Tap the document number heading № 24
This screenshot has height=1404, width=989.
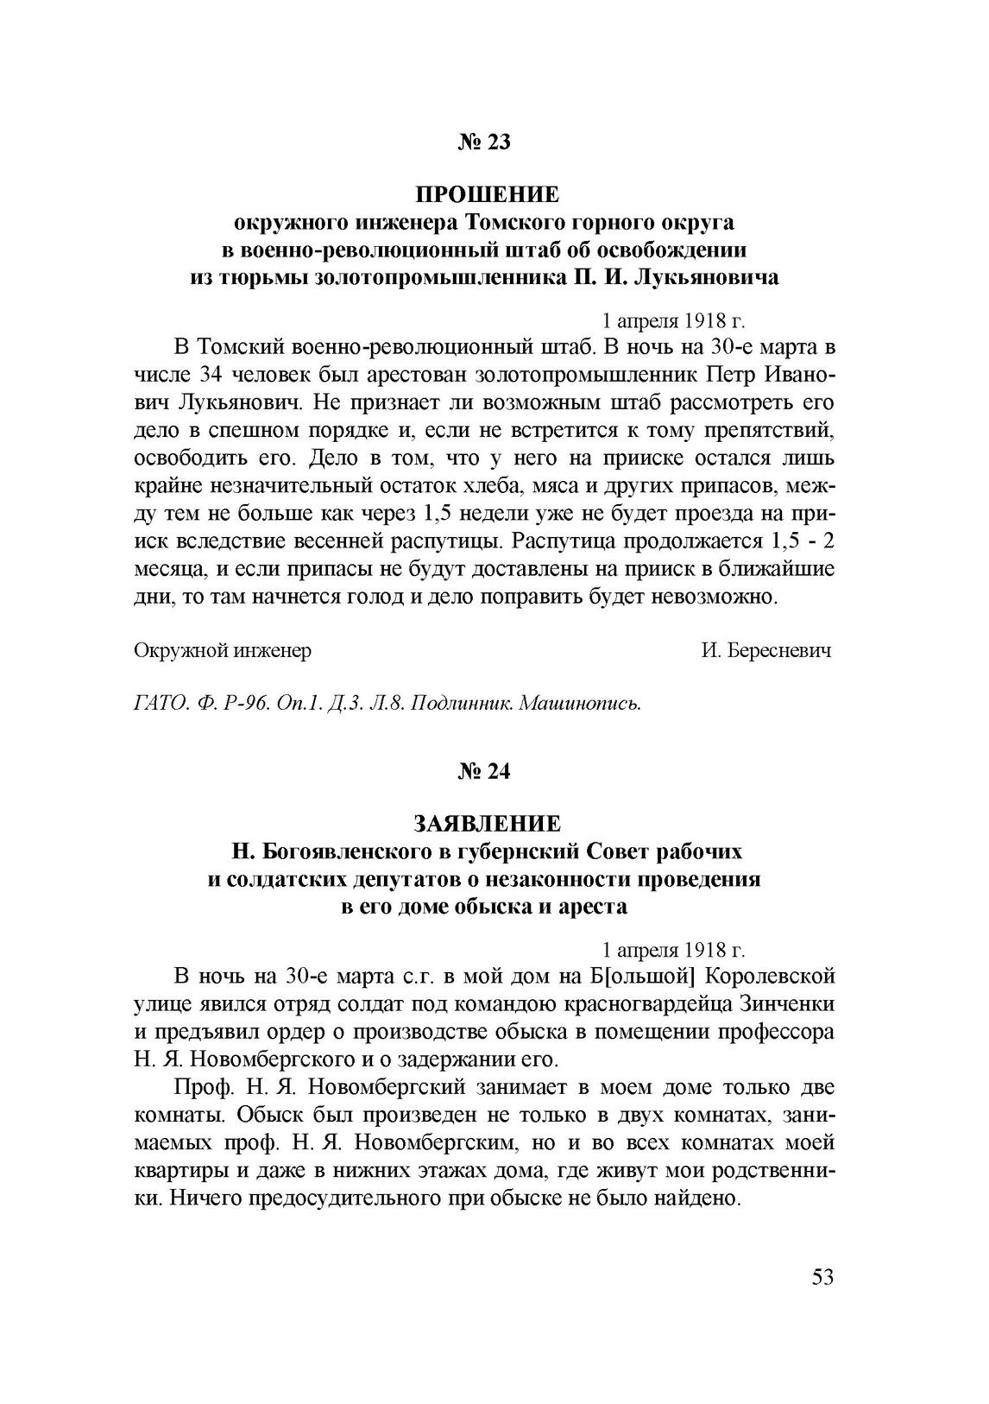[484, 771]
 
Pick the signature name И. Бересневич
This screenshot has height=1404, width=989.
[766, 651]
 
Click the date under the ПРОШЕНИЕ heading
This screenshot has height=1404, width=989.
[673, 321]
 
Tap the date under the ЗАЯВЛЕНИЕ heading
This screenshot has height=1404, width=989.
[673, 950]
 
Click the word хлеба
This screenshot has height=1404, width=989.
[485, 486]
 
